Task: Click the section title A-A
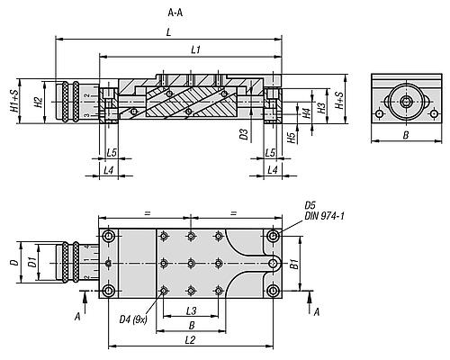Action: click(175, 13)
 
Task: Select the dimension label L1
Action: click(195, 49)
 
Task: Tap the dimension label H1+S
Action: click(14, 102)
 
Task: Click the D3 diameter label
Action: click(244, 134)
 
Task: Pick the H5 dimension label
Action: click(292, 138)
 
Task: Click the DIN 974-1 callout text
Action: click(324, 216)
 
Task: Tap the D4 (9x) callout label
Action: click(133, 319)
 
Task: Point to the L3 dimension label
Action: click(191, 310)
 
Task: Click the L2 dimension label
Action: click(191, 340)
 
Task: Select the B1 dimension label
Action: click(295, 264)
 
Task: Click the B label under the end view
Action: click(406, 136)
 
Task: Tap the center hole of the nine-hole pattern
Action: click(191, 264)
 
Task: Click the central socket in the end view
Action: click(407, 102)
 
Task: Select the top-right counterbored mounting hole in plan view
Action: click(273, 236)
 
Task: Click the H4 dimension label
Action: click(306, 113)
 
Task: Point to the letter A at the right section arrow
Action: click(317, 312)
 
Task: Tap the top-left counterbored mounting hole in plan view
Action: click(108, 237)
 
